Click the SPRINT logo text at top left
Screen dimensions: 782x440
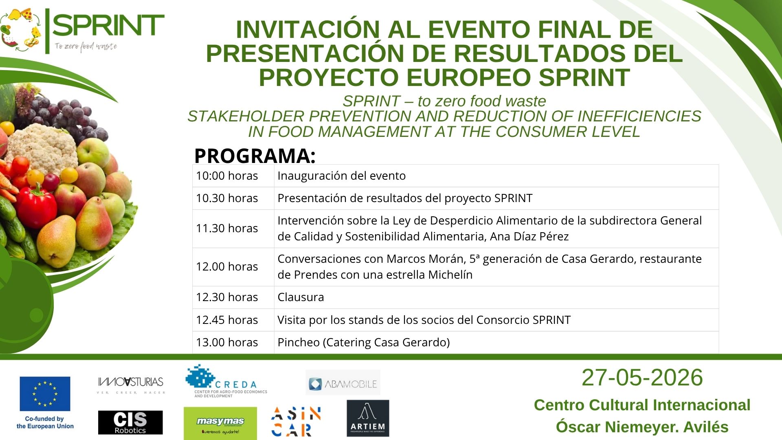click(108, 26)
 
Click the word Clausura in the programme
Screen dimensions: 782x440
click(301, 297)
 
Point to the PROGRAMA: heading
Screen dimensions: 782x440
click(255, 156)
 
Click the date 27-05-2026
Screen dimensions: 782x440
click(642, 377)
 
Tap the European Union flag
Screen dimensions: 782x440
click(45, 394)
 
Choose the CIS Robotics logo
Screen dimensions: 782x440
click(130, 422)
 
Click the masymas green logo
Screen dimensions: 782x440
click(220, 423)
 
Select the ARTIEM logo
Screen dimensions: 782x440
click(368, 418)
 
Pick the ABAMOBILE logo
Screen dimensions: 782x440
click(343, 383)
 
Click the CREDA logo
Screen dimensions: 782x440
click(226, 381)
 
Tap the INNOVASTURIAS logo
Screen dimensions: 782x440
click(131, 385)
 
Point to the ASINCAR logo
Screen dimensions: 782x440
click(296, 422)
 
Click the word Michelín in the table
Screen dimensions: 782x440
click(450, 275)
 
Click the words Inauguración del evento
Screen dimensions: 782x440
click(341, 176)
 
